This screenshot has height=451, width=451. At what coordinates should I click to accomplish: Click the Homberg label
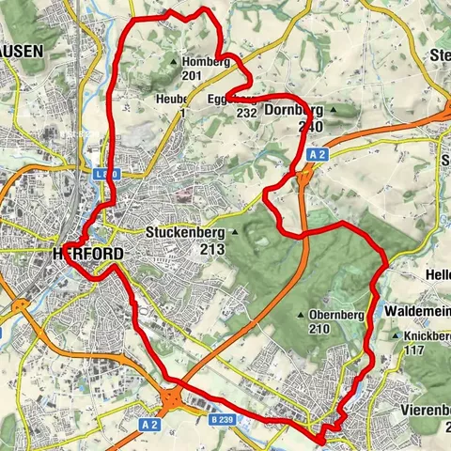tap(205, 62)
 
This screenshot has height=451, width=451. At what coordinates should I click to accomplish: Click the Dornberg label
tap(295, 110)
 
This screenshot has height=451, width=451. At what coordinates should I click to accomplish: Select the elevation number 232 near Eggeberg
tap(247, 113)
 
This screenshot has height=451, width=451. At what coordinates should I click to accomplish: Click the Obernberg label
tap(339, 315)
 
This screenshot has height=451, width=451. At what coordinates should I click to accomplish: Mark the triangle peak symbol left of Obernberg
tap(302, 315)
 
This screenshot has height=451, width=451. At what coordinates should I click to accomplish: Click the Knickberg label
tap(428, 335)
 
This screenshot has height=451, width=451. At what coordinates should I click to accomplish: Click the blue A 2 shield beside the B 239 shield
tap(148, 425)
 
